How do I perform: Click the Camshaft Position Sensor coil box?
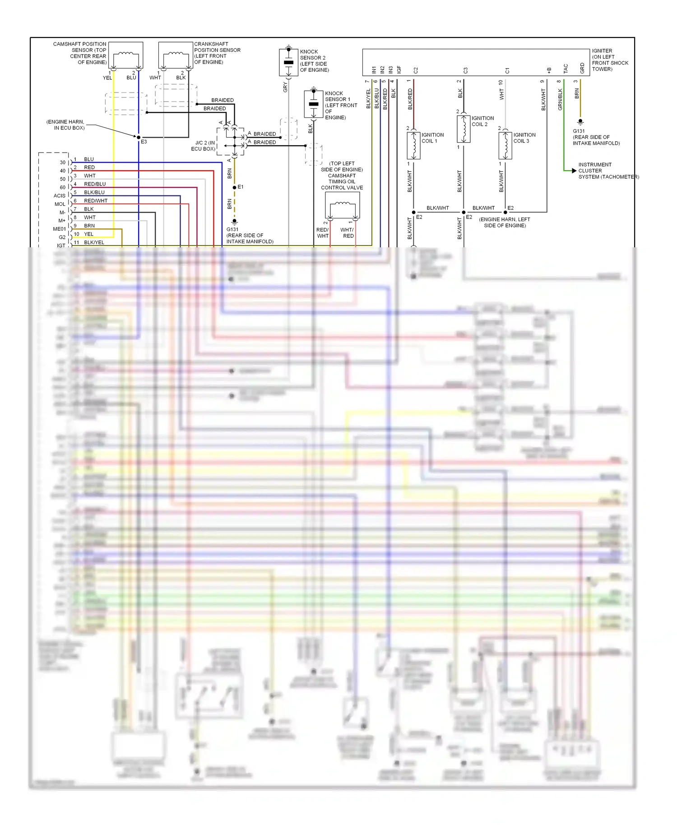(126, 56)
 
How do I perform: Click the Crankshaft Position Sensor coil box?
(176, 56)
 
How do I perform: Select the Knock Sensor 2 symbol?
(288, 62)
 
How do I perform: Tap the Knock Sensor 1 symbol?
(313, 104)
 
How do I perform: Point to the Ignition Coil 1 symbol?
(413, 145)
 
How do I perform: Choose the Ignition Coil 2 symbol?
(464, 129)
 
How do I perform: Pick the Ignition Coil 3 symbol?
(505, 145)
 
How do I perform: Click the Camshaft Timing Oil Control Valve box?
(343, 205)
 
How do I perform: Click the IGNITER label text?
(602, 51)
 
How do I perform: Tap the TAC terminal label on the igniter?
(566, 69)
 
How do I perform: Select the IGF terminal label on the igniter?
(399, 70)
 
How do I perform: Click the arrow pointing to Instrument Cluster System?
(574, 171)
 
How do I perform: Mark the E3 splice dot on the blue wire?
(139, 137)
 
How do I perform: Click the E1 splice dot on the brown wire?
(234, 187)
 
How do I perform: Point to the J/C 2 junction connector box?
(231, 142)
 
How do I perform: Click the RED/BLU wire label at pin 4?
(95, 184)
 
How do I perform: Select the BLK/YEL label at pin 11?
(94, 242)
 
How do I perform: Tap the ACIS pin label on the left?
(60, 196)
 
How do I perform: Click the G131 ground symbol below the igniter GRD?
(580, 122)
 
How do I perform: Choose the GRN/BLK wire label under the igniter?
(560, 99)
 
